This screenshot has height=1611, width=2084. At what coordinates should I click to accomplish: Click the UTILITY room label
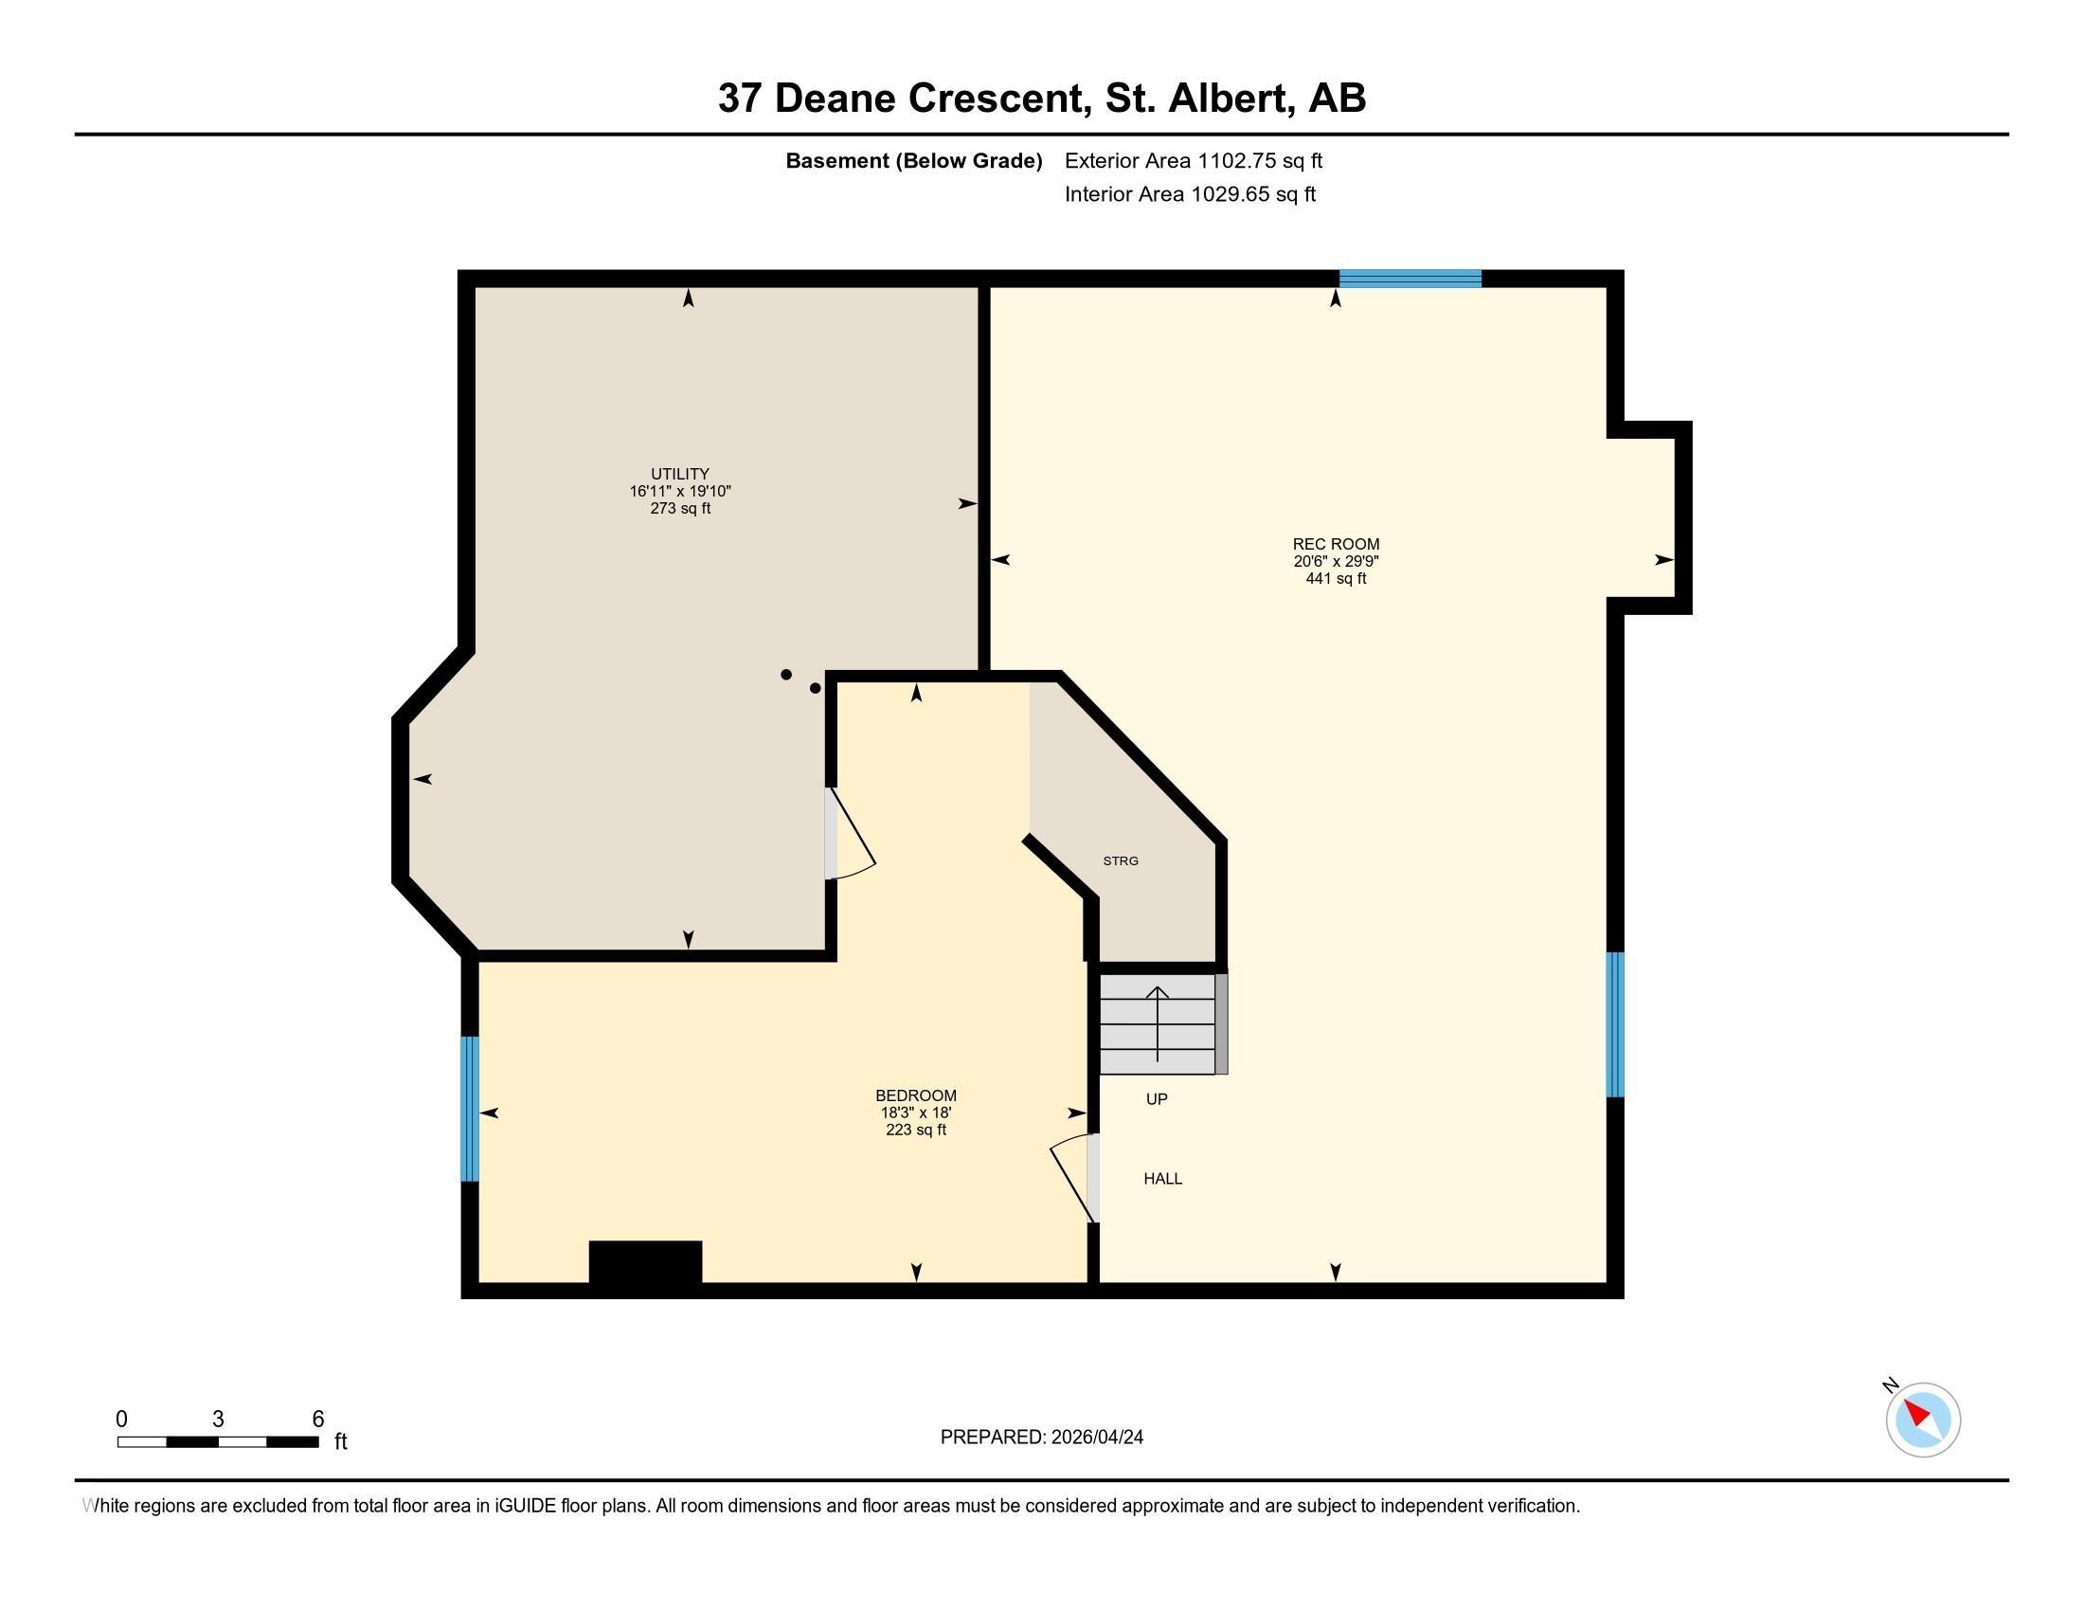point(679,474)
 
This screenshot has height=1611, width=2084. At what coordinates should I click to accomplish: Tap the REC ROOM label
point(1335,544)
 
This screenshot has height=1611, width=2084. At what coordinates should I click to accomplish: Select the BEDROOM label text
point(915,1095)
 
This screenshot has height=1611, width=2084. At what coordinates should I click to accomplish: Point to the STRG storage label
point(1121,860)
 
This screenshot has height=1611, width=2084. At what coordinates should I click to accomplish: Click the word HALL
point(1162,1179)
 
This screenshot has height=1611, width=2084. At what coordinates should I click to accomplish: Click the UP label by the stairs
point(1157,1099)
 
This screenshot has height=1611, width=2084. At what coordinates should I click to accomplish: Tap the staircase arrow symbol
point(1158,1023)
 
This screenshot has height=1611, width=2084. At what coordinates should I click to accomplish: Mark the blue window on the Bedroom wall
point(469,1108)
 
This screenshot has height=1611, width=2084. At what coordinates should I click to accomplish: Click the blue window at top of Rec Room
point(1410,279)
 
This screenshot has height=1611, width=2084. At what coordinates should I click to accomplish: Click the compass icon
point(1922,1420)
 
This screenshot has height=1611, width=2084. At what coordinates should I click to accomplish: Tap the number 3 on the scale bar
point(219,1420)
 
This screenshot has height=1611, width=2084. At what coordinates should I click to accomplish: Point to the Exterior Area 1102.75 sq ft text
point(1193,160)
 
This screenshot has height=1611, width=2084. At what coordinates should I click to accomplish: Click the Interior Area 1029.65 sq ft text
point(1190,194)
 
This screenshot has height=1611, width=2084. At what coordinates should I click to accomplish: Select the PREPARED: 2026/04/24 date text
point(1041,1438)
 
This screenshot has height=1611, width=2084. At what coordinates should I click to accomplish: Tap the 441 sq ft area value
point(1335,578)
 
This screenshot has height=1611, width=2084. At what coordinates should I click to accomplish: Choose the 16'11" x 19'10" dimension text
point(679,492)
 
